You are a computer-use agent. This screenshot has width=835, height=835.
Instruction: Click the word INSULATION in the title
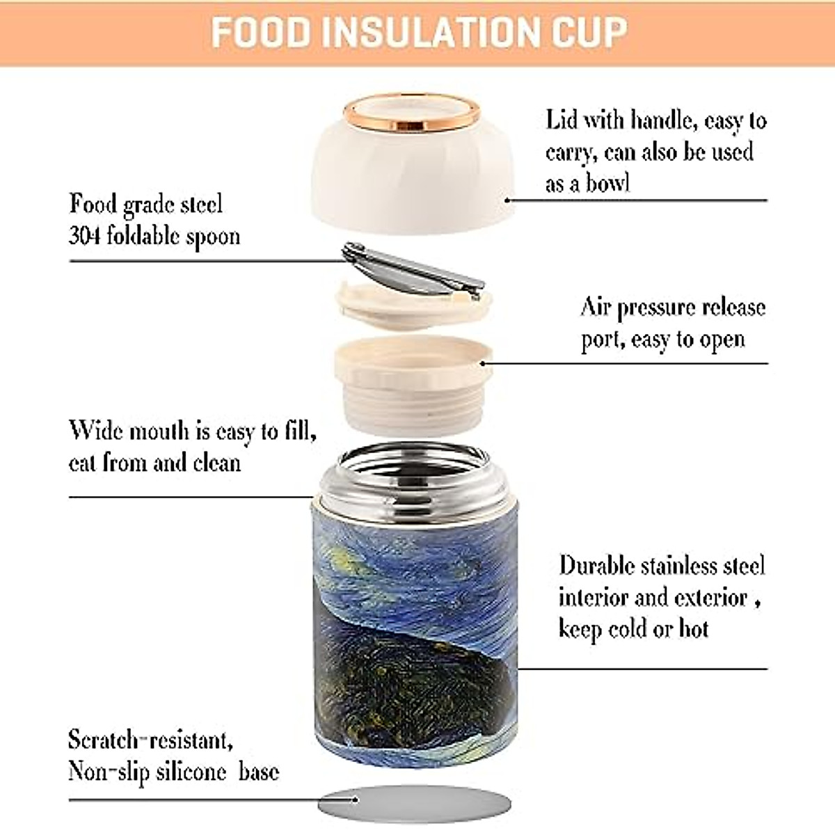(x=425, y=32)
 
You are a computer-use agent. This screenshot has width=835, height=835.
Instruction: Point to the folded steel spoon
(x=413, y=271)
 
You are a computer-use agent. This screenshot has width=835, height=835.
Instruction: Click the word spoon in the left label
(x=213, y=236)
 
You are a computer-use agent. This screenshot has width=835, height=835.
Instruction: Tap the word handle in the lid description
(x=660, y=120)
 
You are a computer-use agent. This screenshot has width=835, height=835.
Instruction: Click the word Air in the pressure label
(x=596, y=307)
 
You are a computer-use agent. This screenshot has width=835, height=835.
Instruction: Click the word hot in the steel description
(x=693, y=628)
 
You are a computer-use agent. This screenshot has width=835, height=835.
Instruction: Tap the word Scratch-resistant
(x=150, y=740)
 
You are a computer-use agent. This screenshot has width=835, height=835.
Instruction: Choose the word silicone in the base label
(x=191, y=772)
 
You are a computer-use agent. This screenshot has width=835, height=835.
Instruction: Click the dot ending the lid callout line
(x=508, y=200)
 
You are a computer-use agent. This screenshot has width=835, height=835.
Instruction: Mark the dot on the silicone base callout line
(x=356, y=800)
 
